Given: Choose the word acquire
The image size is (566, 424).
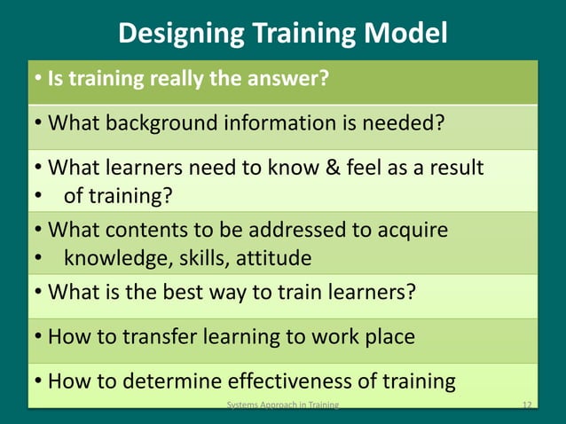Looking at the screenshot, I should (x=414, y=230).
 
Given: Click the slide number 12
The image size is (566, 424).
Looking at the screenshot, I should (x=527, y=405).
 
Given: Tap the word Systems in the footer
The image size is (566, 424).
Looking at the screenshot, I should (x=241, y=405).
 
